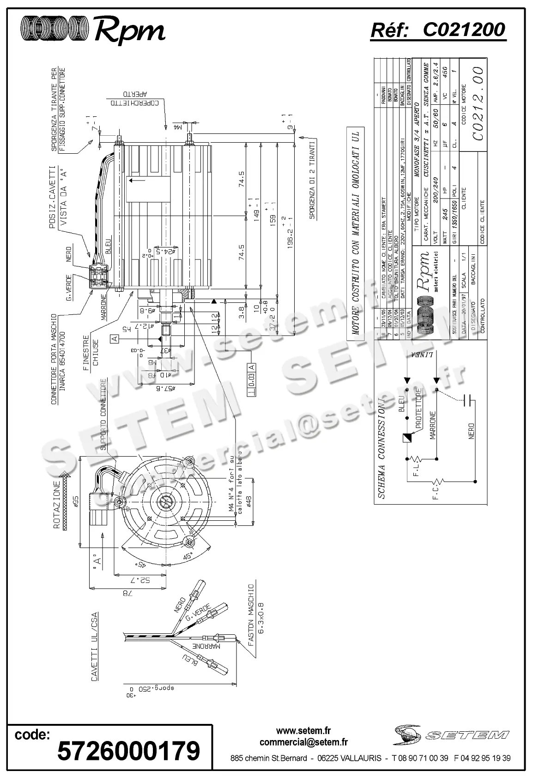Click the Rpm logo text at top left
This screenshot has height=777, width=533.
[x=130, y=31]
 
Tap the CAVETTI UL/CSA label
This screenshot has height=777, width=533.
[x=94, y=646]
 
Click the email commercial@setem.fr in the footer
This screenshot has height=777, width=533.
[x=303, y=742]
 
